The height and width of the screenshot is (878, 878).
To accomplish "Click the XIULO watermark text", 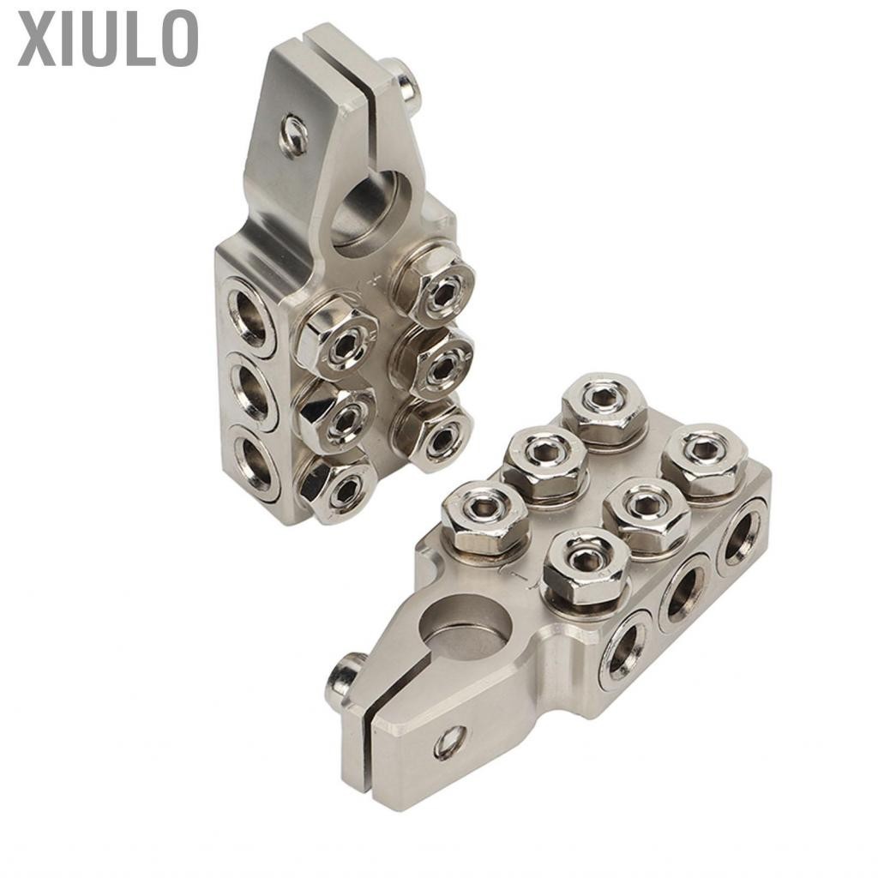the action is [x=107, y=38].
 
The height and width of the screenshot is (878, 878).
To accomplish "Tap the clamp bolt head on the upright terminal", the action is [x=411, y=81].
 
